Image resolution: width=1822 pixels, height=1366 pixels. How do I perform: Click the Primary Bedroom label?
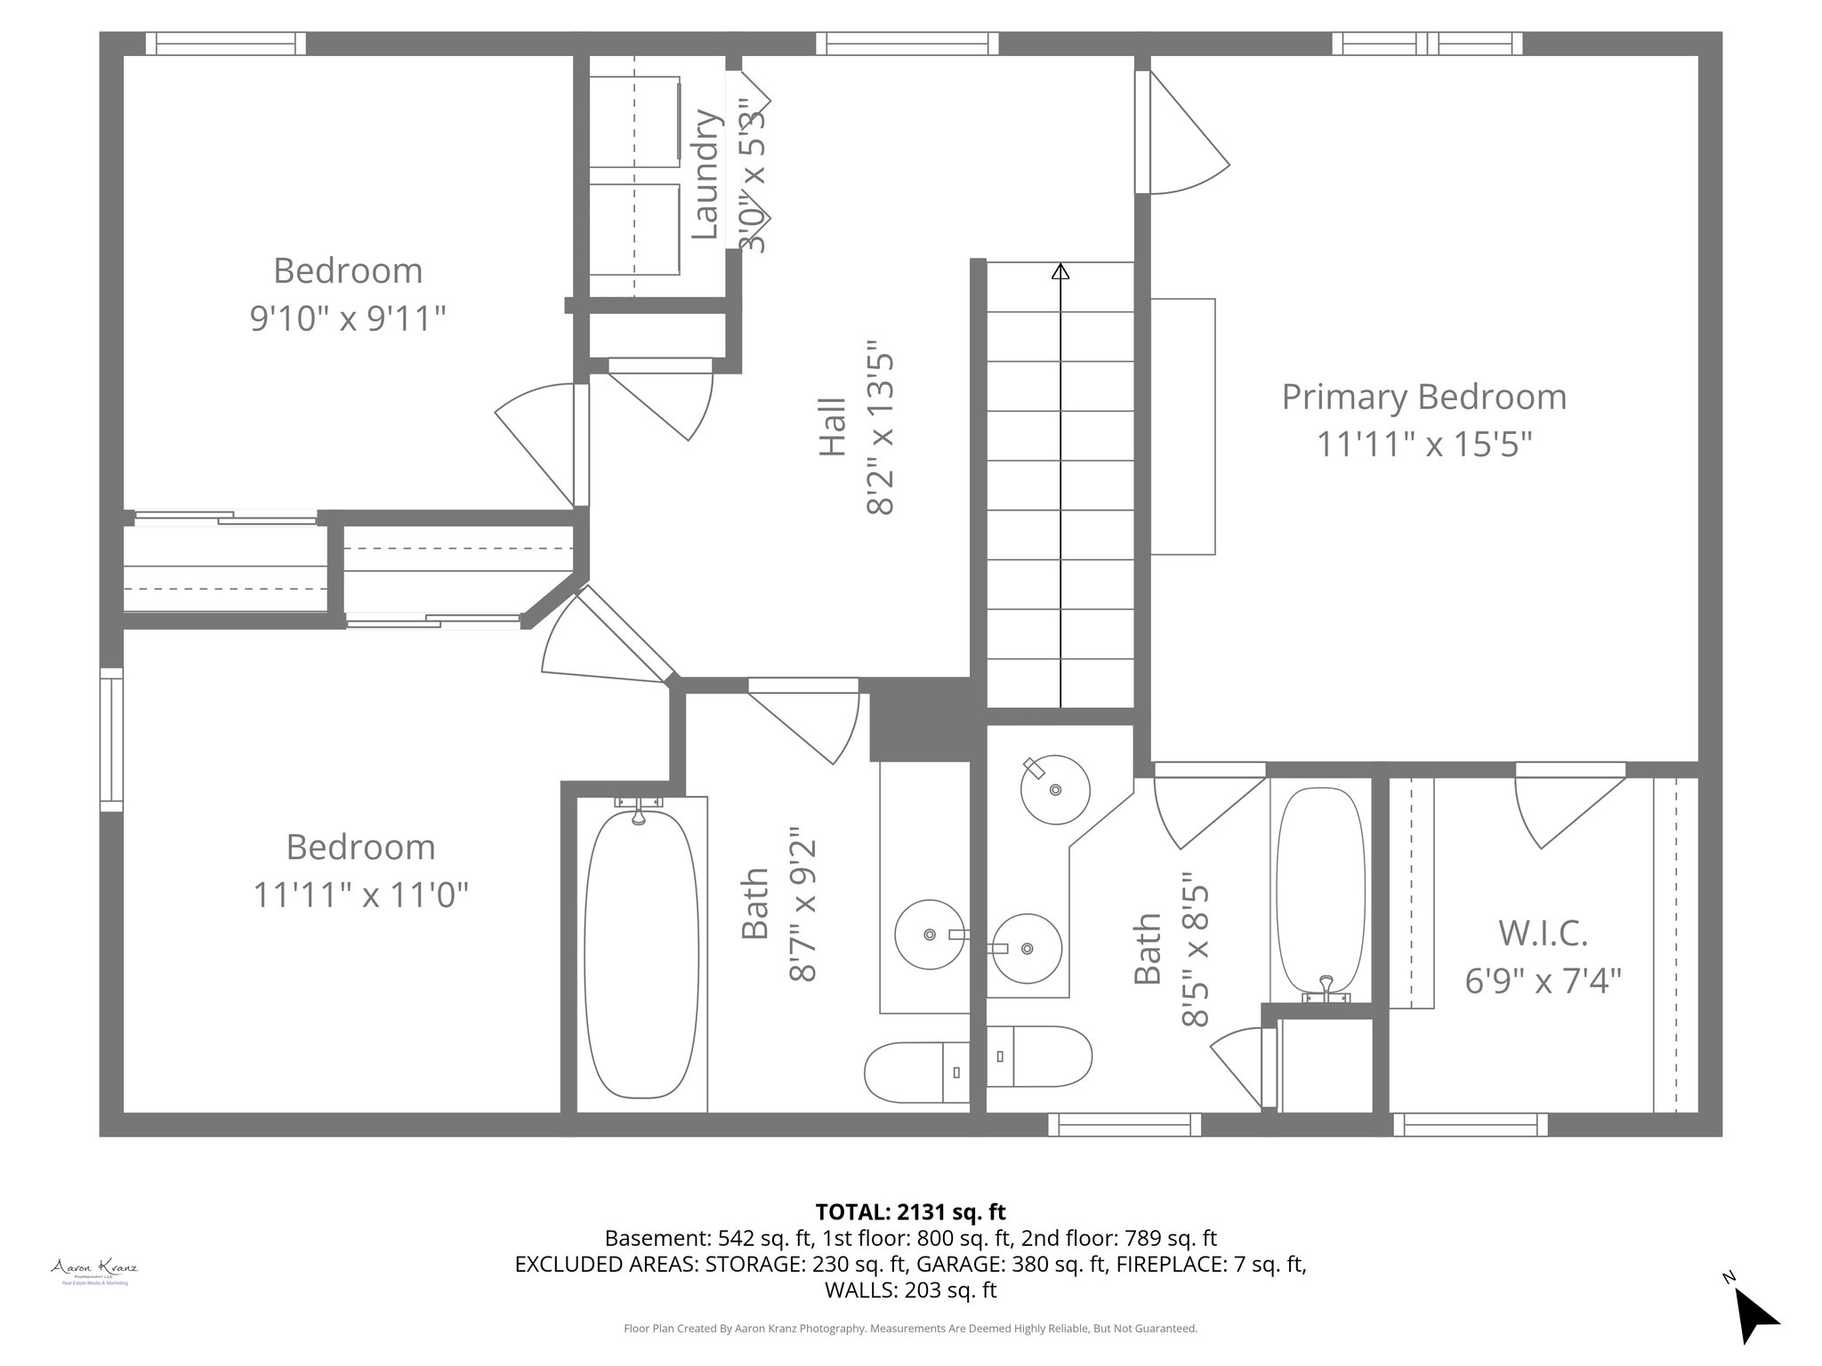(x=1423, y=397)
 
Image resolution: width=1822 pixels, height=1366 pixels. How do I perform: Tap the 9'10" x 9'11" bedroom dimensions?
(x=347, y=317)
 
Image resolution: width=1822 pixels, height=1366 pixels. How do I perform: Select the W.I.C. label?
(x=1543, y=933)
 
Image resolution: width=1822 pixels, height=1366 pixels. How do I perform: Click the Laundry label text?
(x=705, y=174)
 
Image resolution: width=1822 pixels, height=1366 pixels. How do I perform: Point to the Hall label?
(x=833, y=428)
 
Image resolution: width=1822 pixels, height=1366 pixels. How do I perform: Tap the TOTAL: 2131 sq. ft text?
(x=910, y=1211)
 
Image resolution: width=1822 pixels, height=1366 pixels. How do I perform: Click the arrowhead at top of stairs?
(x=1060, y=272)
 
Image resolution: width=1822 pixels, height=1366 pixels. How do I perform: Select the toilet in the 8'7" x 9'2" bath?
(x=916, y=1072)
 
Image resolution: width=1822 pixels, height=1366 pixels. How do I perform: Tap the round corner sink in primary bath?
(x=1055, y=789)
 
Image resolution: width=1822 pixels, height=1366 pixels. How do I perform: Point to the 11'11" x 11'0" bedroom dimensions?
(x=360, y=894)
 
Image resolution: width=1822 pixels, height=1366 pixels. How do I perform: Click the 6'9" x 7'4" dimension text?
(x=1543, y=981)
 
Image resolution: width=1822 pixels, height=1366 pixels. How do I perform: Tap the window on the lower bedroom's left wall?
(x=111, y=739)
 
